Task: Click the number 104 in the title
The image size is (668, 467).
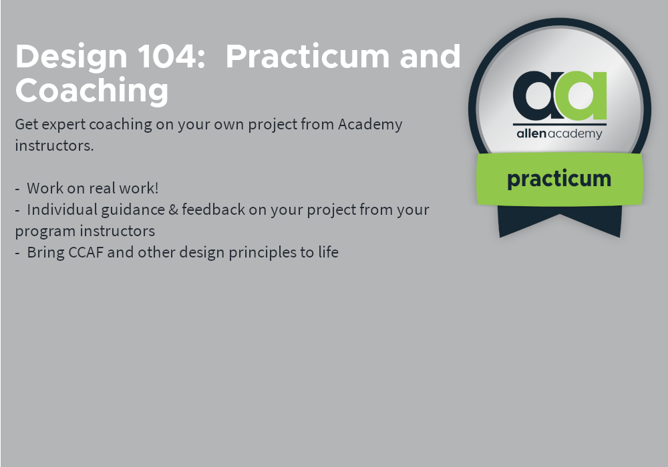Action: point(171,56)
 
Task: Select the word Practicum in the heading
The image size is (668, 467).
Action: point(307,56)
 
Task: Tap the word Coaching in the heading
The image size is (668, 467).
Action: point(92,91)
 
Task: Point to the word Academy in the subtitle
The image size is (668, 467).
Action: point(370,125)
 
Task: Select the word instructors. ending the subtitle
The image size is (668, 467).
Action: point(54,145)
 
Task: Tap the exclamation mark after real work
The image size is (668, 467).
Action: point(156,188)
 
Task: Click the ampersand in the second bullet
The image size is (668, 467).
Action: point(174,209)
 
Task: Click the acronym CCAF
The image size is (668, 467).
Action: point(86,252)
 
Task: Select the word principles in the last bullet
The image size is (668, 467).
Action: point(263,253)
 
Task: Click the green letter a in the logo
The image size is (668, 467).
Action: point(582,95)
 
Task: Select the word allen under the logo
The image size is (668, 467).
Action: point(531,133)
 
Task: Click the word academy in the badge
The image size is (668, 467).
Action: point(574,134)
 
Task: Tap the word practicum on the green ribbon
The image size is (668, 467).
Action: point(559,179)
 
